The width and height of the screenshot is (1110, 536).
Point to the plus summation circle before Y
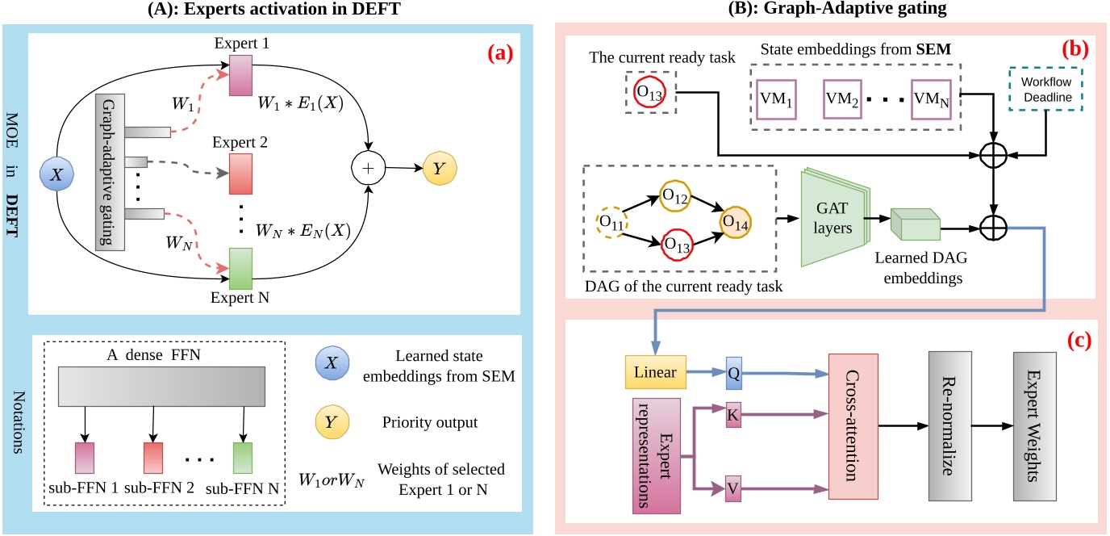(x=367, y=170)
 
